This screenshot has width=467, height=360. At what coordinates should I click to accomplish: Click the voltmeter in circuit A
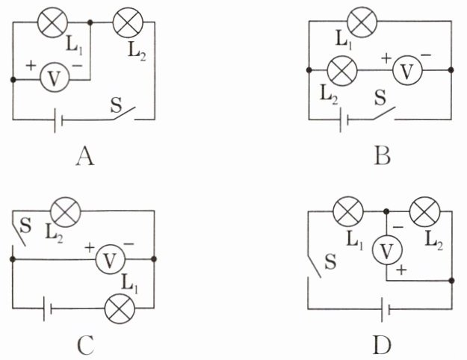pos(55,77)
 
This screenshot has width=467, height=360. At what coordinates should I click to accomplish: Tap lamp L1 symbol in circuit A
pos(53,22)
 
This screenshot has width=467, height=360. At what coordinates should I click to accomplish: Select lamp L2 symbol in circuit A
pos(128,22)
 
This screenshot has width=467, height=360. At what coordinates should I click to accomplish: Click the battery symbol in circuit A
pos(58,120)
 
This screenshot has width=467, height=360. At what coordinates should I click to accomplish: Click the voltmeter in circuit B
pos(407,70)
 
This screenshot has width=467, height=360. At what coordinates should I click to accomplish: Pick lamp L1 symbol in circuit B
pos(362,22)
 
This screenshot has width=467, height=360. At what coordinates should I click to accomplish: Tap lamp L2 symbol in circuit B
pos(342,70)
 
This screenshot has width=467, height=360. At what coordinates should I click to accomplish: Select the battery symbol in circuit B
pos(344,120)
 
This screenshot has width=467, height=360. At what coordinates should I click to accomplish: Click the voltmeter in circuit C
pos(110,259)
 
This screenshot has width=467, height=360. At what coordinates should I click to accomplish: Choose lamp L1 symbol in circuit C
pos(120,308)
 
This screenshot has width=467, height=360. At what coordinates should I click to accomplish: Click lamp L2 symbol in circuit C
pos(66,211)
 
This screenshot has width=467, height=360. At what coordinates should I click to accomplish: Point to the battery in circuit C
pos(47,308)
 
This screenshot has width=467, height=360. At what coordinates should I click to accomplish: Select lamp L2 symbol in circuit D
pos(425,211)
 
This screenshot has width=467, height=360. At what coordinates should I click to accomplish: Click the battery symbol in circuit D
pos(386,309)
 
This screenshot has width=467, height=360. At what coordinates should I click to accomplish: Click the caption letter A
pos(85,157)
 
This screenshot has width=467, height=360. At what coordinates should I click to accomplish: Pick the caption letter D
pos(382,345)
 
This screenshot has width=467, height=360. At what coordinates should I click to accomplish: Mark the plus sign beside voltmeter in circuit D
pos(401,270)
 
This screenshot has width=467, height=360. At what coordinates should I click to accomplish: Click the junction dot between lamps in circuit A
pos(90,22)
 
